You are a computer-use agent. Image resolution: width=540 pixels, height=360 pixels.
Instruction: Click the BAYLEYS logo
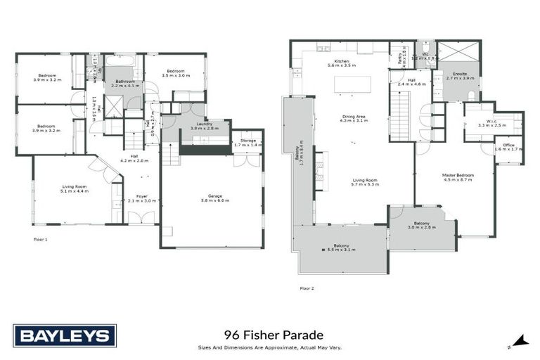point(64,336)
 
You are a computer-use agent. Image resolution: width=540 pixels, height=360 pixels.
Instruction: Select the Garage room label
point(214,198)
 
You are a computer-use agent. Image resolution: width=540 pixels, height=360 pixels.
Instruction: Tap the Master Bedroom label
point(458,176)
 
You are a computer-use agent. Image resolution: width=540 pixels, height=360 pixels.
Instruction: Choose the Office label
point(509,146)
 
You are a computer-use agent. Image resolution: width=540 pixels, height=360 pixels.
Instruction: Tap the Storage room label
point(247,142)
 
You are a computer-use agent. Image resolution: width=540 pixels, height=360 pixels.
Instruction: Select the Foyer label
point(142,198)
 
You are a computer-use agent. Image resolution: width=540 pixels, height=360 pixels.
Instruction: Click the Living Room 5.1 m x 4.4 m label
point(74,188)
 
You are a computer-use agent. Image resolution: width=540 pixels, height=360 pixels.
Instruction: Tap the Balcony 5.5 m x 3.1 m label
point(341,248)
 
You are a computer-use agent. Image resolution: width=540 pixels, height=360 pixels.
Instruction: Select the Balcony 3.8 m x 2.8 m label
point(422,226)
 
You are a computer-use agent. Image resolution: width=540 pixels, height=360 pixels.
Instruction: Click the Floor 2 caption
point(307,288)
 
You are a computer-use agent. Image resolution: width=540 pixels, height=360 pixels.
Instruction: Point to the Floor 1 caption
point(40,239)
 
